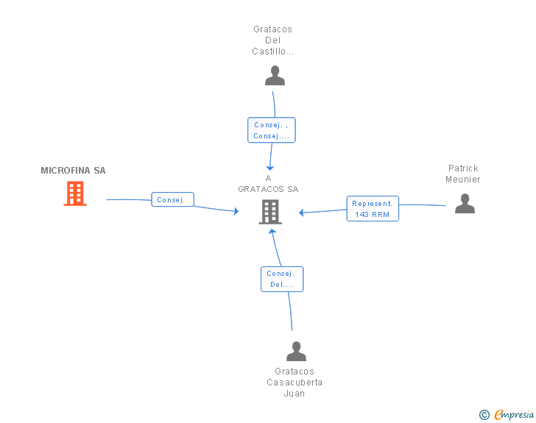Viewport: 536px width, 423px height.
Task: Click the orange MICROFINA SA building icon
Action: point(75,193)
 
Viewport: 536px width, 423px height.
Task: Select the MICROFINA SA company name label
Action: point(73,171)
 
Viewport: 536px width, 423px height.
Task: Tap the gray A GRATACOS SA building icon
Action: point(270,212)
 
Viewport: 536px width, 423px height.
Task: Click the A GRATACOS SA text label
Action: point(268,183)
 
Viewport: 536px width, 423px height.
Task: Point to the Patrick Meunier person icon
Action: point(465,203)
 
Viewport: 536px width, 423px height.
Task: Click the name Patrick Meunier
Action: point(463,174)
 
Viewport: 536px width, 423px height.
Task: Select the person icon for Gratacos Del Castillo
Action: point(275,76)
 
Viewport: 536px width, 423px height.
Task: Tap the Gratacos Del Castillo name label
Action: point(272,40)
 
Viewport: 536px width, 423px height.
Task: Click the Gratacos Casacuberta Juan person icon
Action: point(297,351)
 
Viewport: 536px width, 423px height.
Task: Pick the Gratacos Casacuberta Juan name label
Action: point(295,383)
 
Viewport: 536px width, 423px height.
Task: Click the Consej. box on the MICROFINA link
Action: point(172,199)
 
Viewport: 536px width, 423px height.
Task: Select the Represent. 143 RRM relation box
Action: point(373,209)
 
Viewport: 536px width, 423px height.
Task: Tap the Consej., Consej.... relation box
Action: point(272,130)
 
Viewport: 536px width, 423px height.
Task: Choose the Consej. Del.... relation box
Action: point(282,279)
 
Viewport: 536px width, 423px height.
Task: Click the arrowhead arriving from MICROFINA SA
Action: point(236,211)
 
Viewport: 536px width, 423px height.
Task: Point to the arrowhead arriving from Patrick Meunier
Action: point(301,213)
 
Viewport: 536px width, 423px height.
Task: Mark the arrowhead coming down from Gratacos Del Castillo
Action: point(270,168)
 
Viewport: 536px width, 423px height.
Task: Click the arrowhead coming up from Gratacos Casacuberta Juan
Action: point(272,231)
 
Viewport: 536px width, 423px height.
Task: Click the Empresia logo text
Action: point(514,414)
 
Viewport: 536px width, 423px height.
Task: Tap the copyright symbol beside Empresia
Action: point(484,415)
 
